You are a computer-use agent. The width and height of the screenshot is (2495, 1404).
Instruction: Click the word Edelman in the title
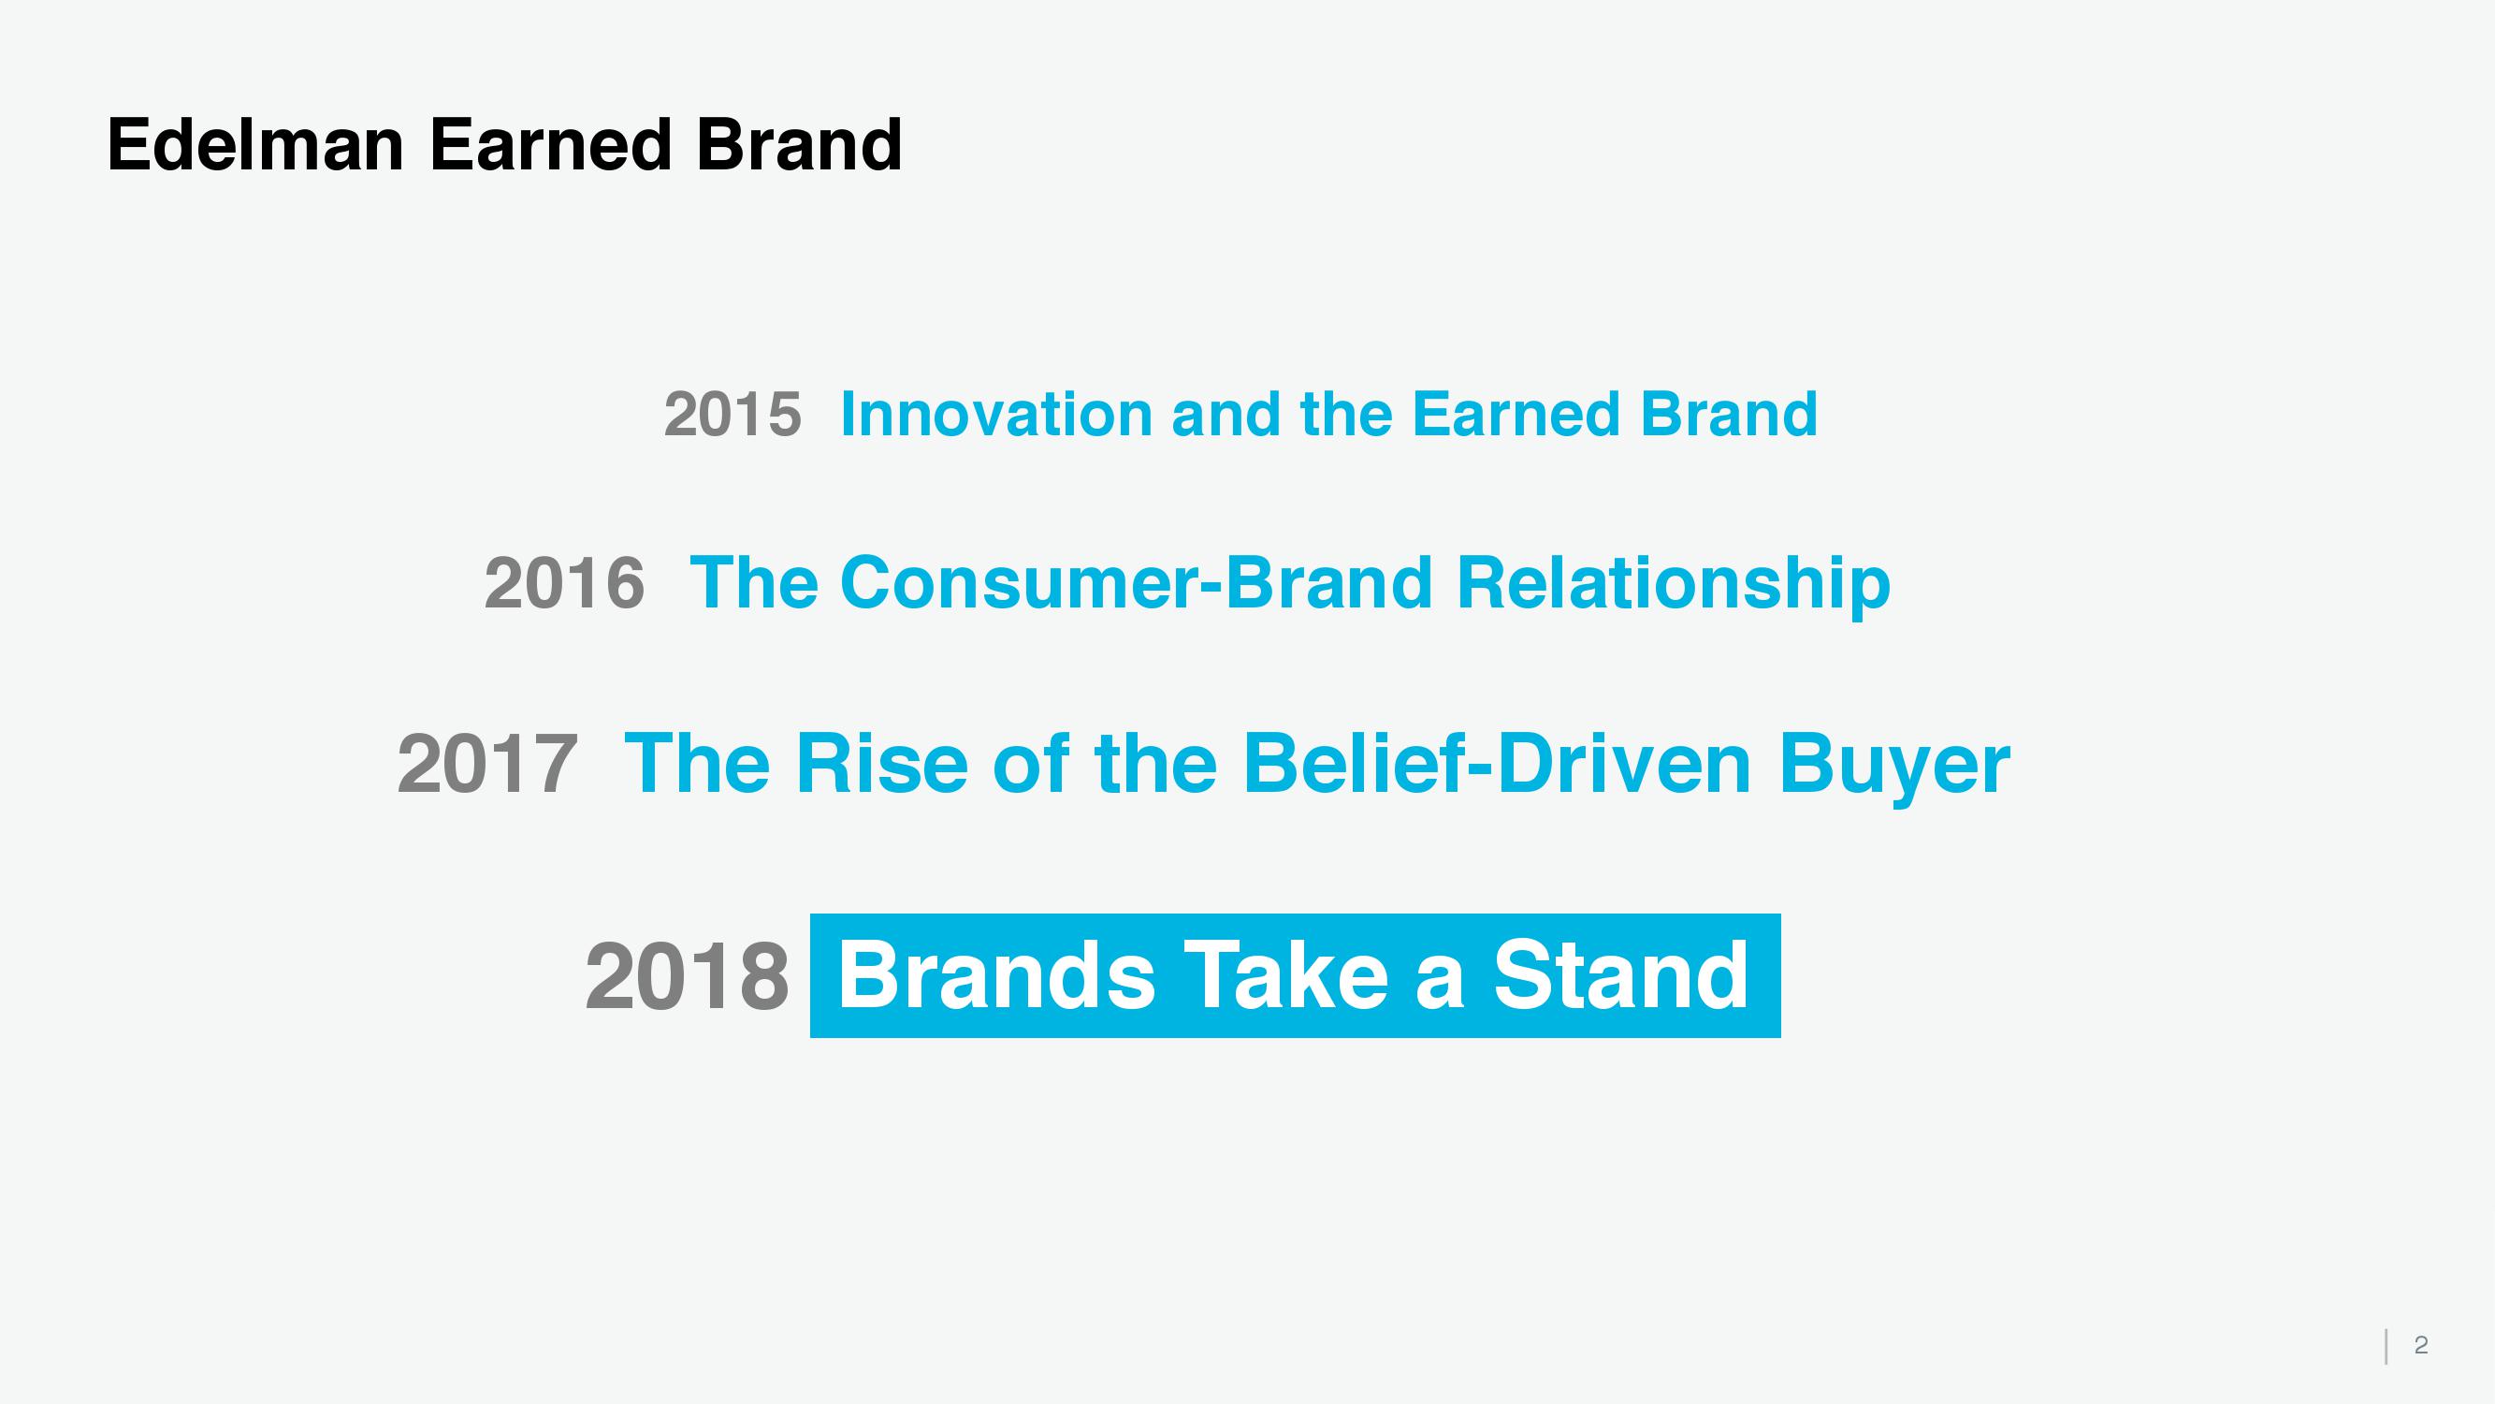tap(254, 144)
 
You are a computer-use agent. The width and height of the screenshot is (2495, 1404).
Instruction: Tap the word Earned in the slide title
tap(550, 144)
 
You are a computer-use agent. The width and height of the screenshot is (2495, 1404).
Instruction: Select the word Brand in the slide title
tap(799, 144)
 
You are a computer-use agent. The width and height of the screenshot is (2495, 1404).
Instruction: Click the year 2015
tap(733, 415)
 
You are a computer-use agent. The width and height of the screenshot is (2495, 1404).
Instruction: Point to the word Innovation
tap(994, 414)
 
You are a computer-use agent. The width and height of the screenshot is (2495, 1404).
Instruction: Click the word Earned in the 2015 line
tap(1514, 414)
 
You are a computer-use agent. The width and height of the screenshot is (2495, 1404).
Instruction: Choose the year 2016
tap(564, 583)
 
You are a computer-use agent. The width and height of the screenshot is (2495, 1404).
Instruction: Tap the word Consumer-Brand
tap(1136, 583)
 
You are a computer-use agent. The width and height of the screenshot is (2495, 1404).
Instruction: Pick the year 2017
tap(487, 765)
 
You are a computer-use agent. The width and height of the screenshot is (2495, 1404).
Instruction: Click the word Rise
tap(881, 764)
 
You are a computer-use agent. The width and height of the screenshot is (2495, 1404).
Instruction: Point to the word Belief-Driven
tap(1497, 764)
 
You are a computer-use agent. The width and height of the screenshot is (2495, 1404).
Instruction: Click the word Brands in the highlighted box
tap(996, 974)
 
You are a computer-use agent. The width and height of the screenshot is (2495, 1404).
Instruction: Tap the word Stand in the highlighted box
tap(1620, 974)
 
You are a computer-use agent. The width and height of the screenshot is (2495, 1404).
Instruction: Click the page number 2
tap(2420, 1344)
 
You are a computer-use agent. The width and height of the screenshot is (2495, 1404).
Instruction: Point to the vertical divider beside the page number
tap(2386, 1346)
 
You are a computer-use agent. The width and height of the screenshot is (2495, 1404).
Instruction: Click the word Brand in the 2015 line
tap(1729, 414)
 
